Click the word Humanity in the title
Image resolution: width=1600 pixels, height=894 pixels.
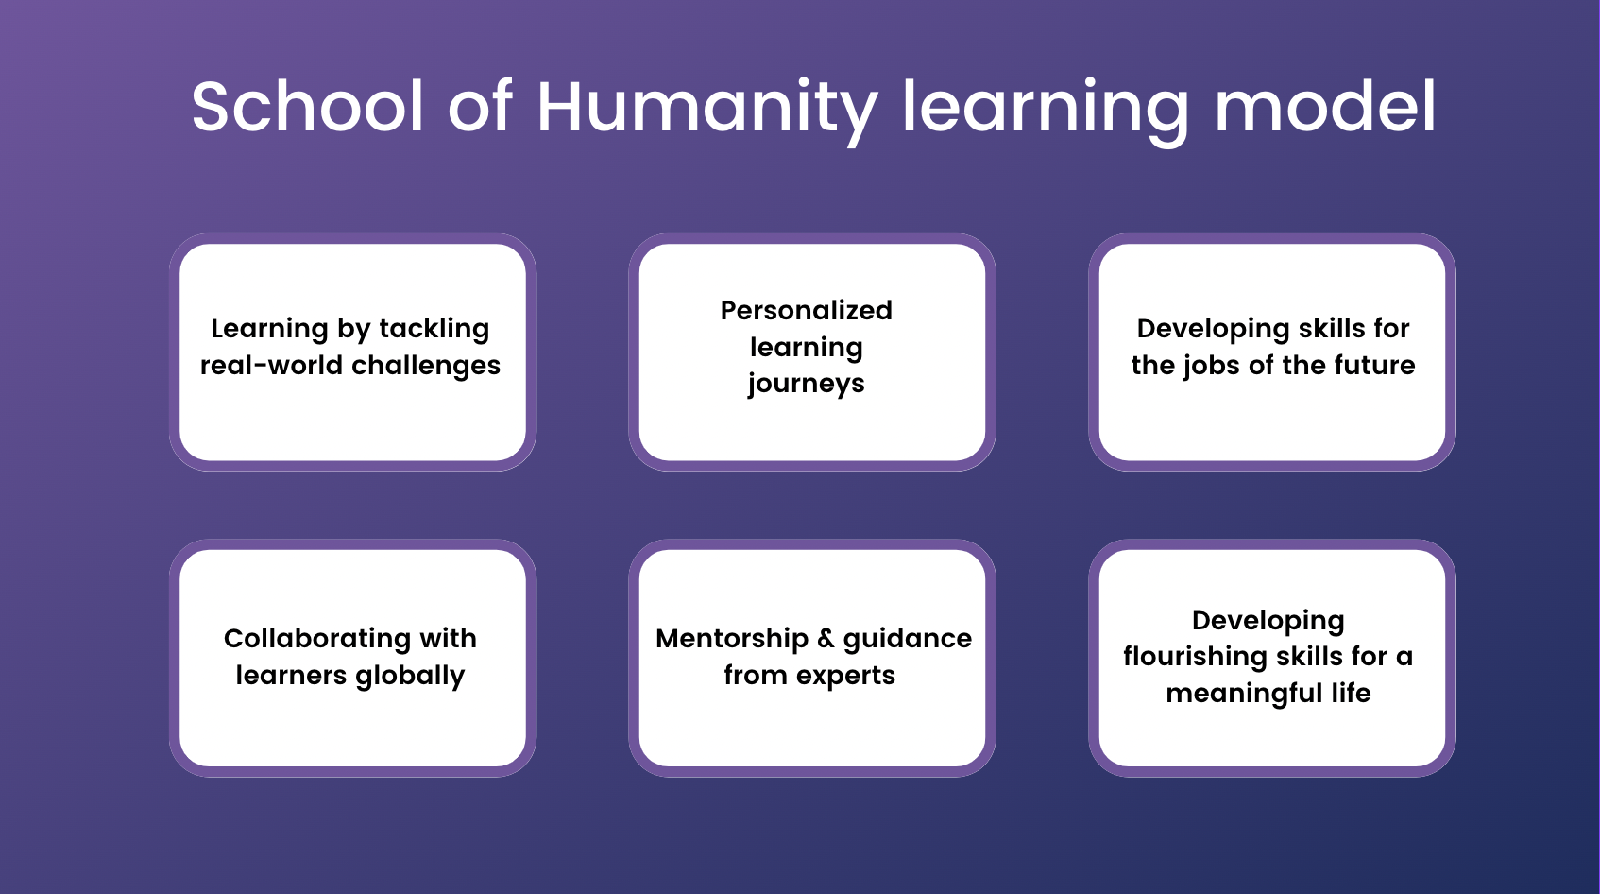pos(707,107)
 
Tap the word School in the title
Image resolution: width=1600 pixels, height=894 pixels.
pos(308,106)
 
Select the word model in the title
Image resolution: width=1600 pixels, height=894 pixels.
pos(1325,106)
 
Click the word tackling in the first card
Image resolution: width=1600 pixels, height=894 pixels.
pos(434,330)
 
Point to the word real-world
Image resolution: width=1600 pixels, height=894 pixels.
pos(272,365)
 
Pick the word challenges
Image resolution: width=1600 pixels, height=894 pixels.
pos(426,366)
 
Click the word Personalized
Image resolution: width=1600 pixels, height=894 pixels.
pos(807,311)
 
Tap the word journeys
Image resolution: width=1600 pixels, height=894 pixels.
pos(807,385)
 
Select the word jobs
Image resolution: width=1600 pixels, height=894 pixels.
pos(1212,366)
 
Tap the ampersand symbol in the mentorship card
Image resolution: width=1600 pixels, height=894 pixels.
pos(826,639)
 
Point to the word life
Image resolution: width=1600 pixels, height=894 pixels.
pos(1351,693)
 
